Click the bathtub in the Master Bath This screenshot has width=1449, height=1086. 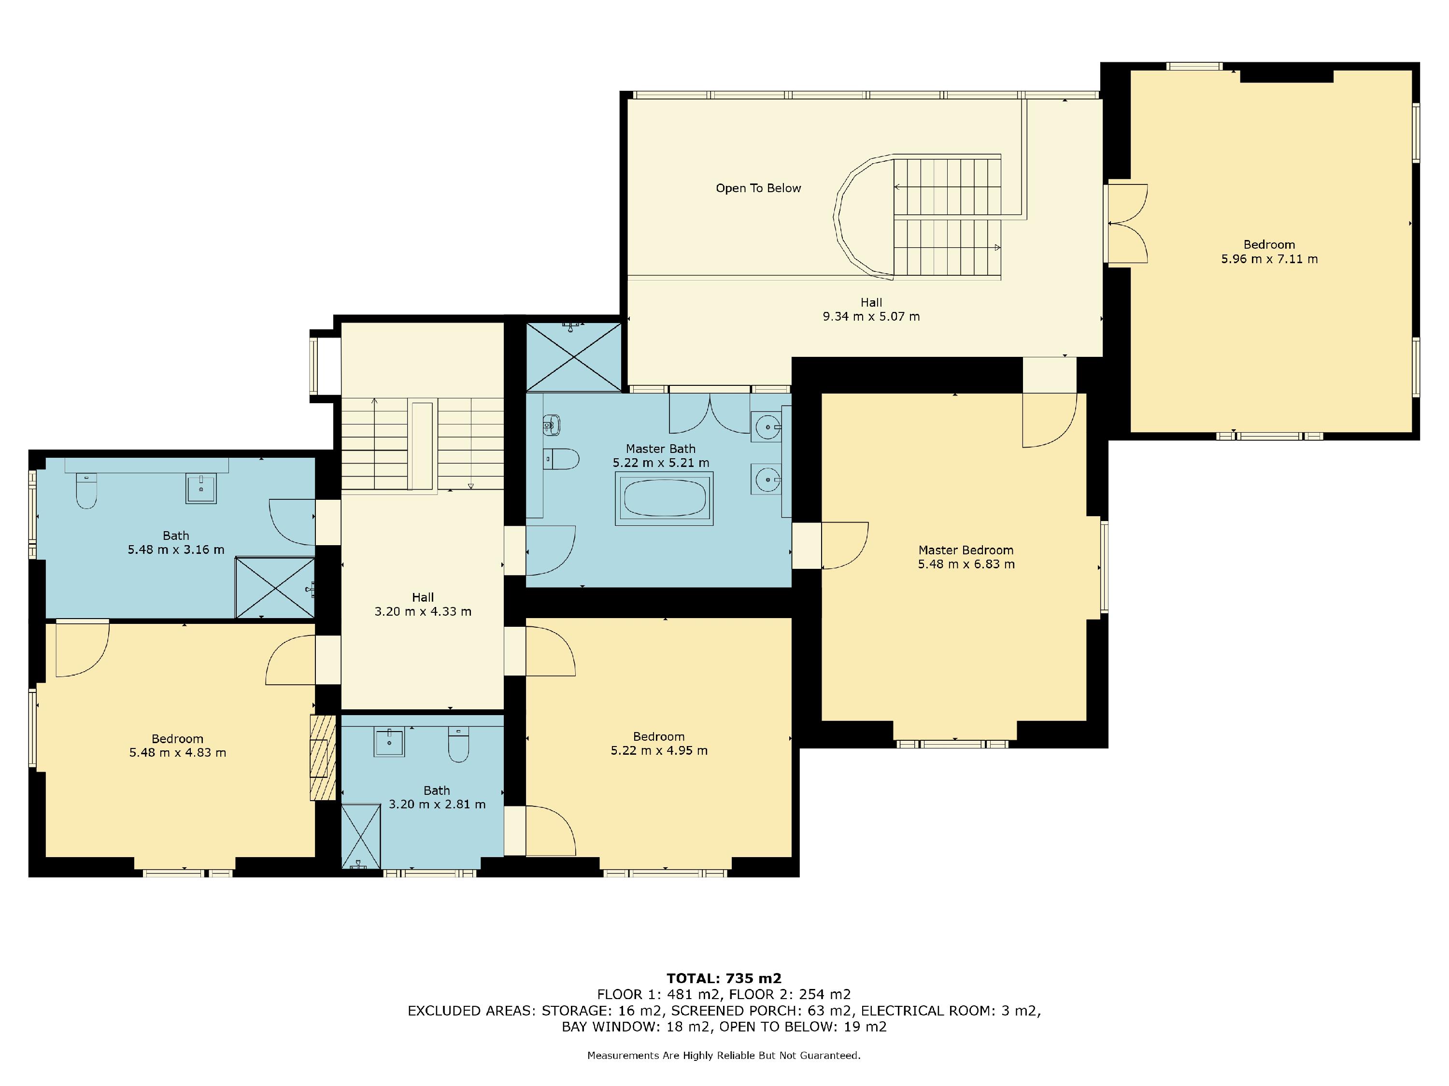[664, 498]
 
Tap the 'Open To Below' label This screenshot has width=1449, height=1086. [758, 188]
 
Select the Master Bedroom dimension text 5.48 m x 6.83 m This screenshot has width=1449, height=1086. [966, 564]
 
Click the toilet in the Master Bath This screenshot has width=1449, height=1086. [562, 459]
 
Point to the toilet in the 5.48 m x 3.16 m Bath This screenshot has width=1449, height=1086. [86, 491]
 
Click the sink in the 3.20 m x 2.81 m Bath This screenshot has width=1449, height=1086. [389, 742]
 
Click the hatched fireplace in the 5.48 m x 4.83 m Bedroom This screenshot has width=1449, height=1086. [322, 757]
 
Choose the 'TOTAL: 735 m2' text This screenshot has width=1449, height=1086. [724, 979]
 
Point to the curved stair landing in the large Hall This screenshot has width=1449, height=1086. [864, 216]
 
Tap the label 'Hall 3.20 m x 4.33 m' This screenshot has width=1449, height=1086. [423, 604]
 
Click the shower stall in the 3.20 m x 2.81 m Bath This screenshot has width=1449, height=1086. [361, 836]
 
